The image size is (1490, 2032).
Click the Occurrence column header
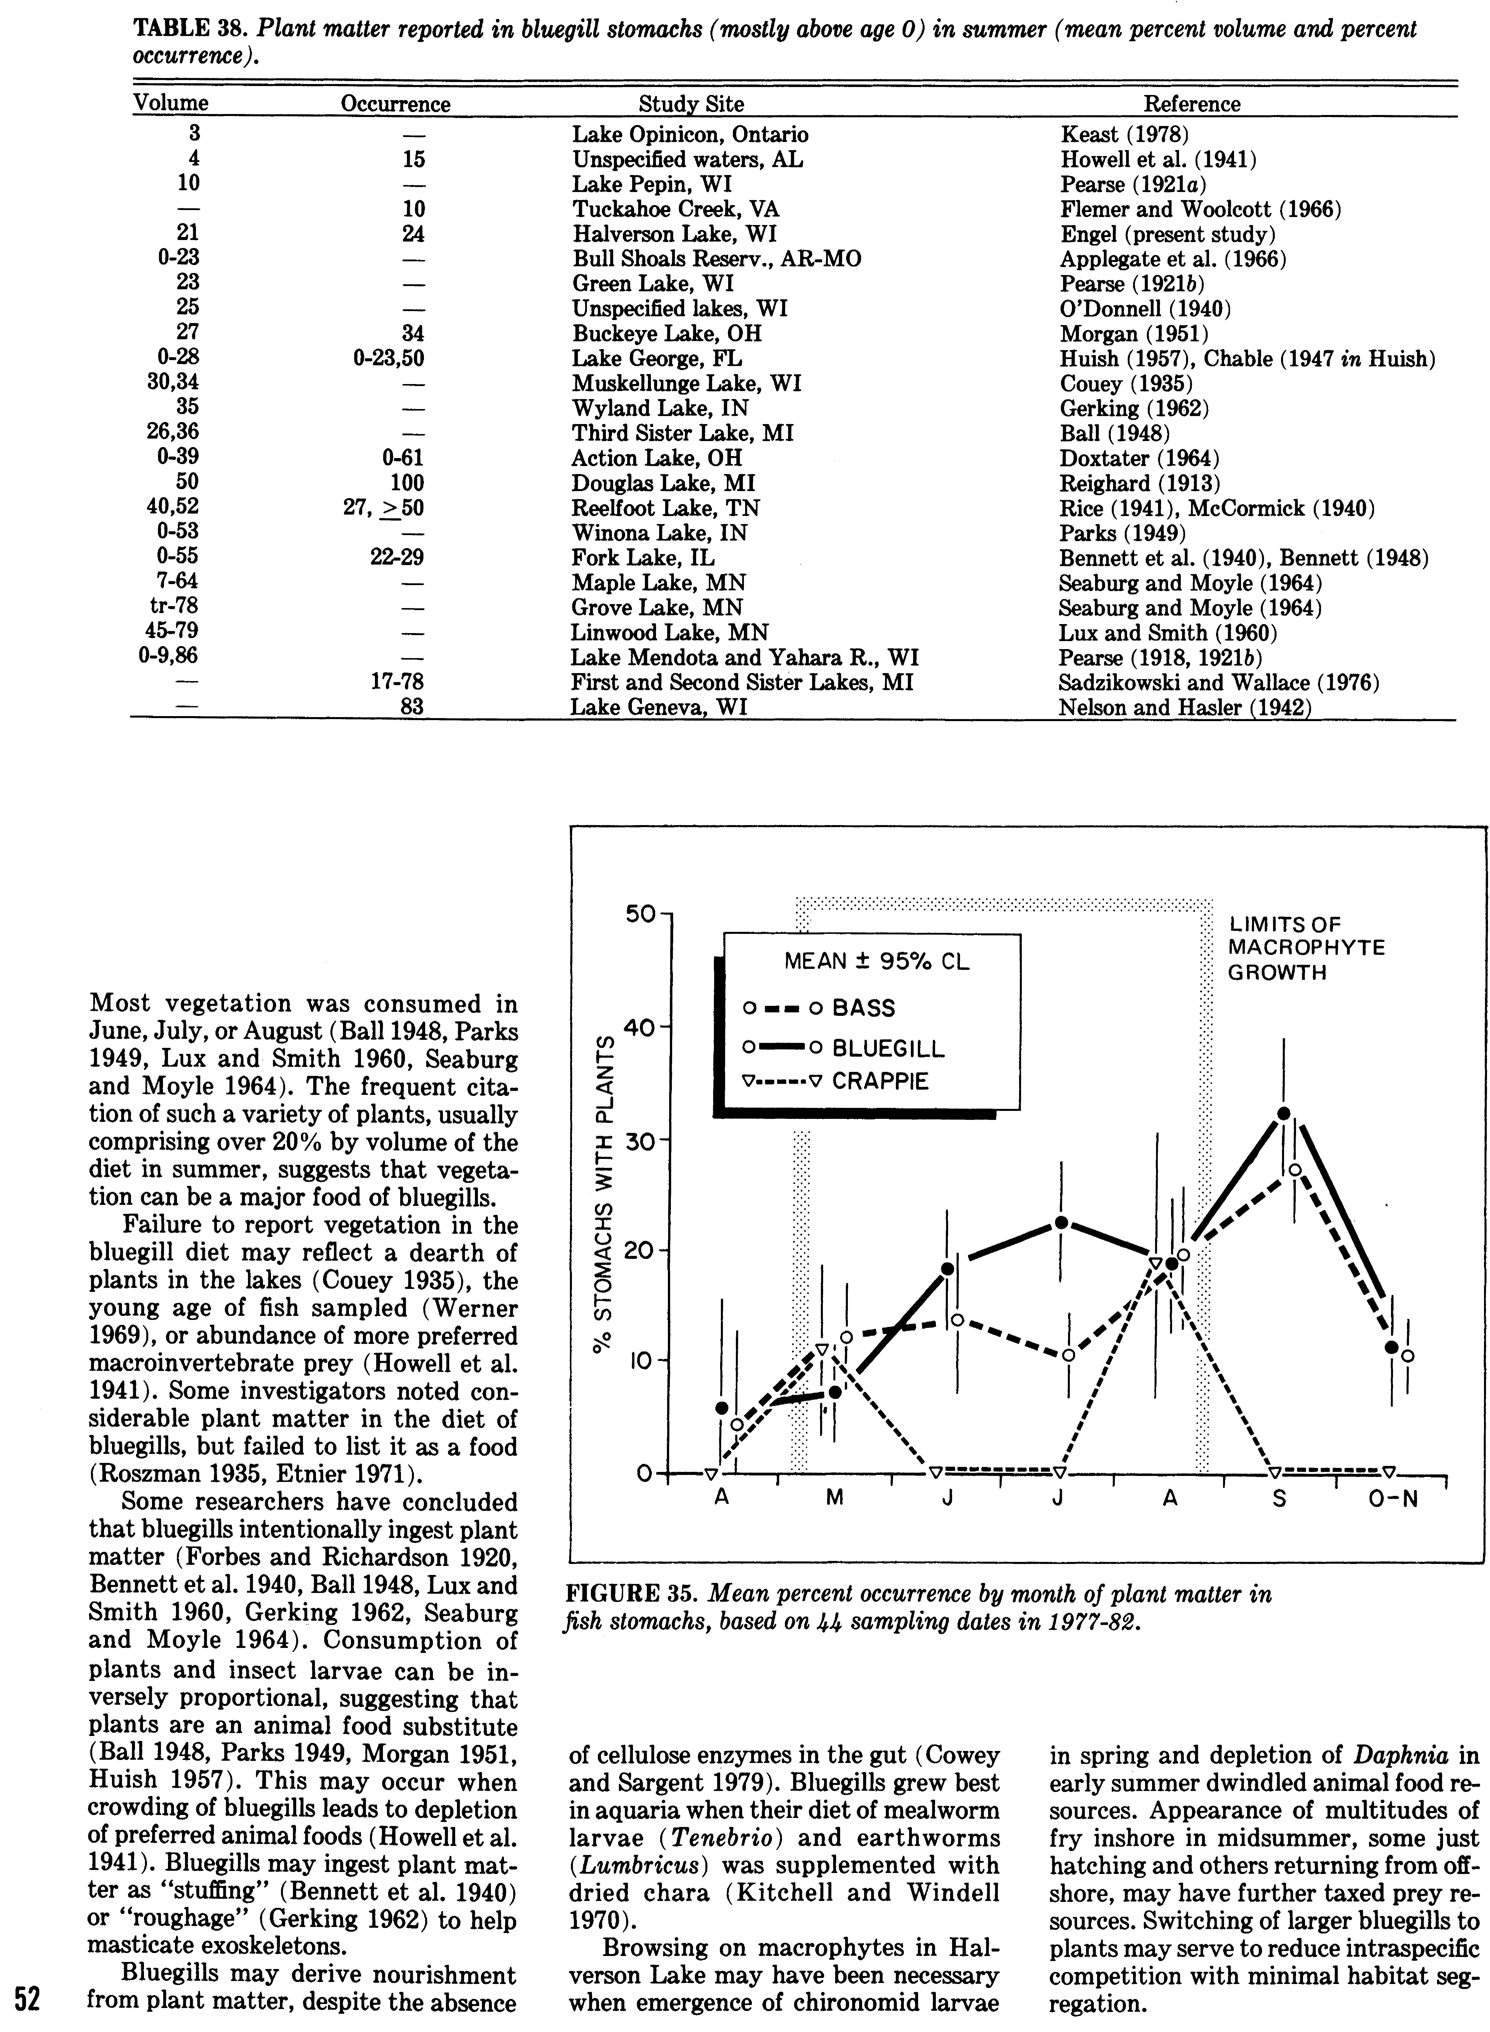[395, 104]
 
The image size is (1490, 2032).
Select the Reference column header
[1192, 104]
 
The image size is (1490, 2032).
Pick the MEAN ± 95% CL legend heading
[876, 962]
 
